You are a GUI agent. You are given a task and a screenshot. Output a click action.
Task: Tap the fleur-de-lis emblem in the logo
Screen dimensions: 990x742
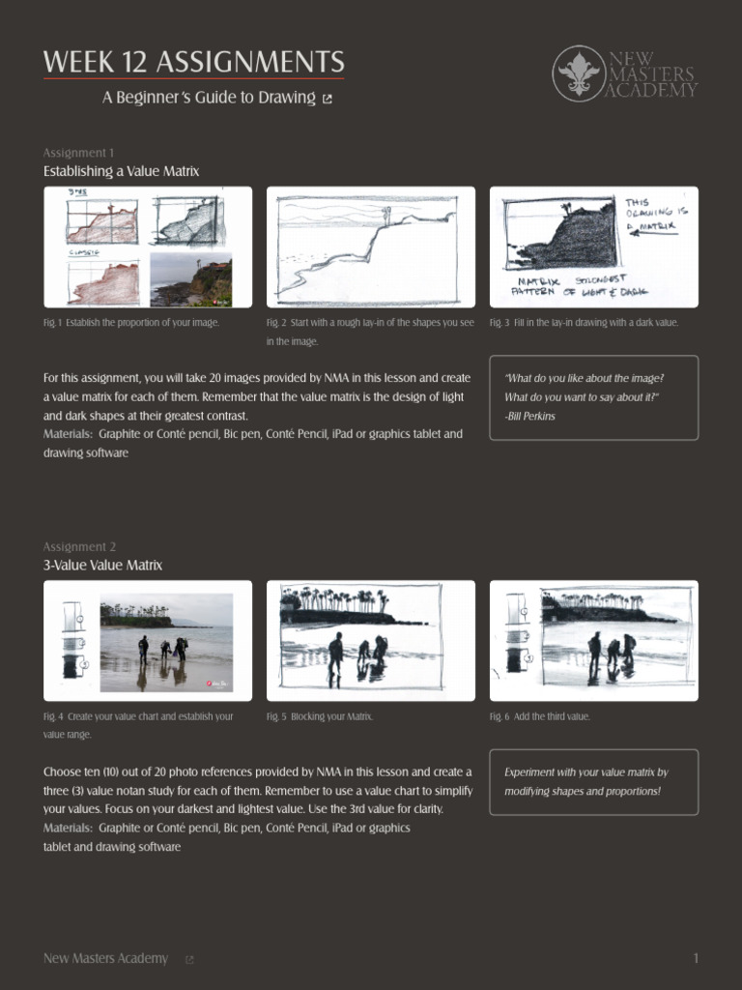[x=580, y=73]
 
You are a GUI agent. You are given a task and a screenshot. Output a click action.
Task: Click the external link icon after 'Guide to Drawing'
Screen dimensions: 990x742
[x=327, y=99]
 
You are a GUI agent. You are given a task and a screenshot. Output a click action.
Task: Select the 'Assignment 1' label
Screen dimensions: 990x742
[x=78, y=153]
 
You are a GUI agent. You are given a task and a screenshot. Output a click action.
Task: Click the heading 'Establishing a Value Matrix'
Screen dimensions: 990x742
[x=121, y=171]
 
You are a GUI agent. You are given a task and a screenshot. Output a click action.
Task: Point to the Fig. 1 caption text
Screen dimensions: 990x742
[x=131, y=322]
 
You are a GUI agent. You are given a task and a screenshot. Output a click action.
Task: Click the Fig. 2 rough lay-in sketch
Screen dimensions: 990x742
[x=371, y=247]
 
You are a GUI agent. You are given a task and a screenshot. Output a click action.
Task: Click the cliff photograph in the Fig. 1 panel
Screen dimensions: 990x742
[x=190, y=278]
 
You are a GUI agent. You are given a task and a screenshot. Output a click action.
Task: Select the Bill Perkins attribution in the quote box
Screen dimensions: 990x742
[x=529, y=416]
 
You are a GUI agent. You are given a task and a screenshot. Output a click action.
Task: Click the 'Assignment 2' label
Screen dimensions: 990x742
[x=79, y=546]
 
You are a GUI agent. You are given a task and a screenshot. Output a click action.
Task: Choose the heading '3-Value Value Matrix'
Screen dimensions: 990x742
[x=102, y=565]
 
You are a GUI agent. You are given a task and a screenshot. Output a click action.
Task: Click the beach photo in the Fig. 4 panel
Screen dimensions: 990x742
[x=166, y=642]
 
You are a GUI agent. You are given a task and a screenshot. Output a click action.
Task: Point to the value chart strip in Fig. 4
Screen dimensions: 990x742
[x=72, y=640]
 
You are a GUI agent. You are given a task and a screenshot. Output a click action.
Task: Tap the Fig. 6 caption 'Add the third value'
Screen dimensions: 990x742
[x=539, y=716]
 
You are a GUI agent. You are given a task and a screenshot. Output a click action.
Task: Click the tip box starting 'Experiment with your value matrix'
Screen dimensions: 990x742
[x=593, y=781]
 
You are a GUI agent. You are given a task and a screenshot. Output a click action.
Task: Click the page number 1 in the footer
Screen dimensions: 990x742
[x=695, y=958]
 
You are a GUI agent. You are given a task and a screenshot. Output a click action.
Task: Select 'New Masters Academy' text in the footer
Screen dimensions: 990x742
[x=105, y=958]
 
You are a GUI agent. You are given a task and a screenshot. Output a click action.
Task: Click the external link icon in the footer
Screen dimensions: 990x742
[x=189, y=959]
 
